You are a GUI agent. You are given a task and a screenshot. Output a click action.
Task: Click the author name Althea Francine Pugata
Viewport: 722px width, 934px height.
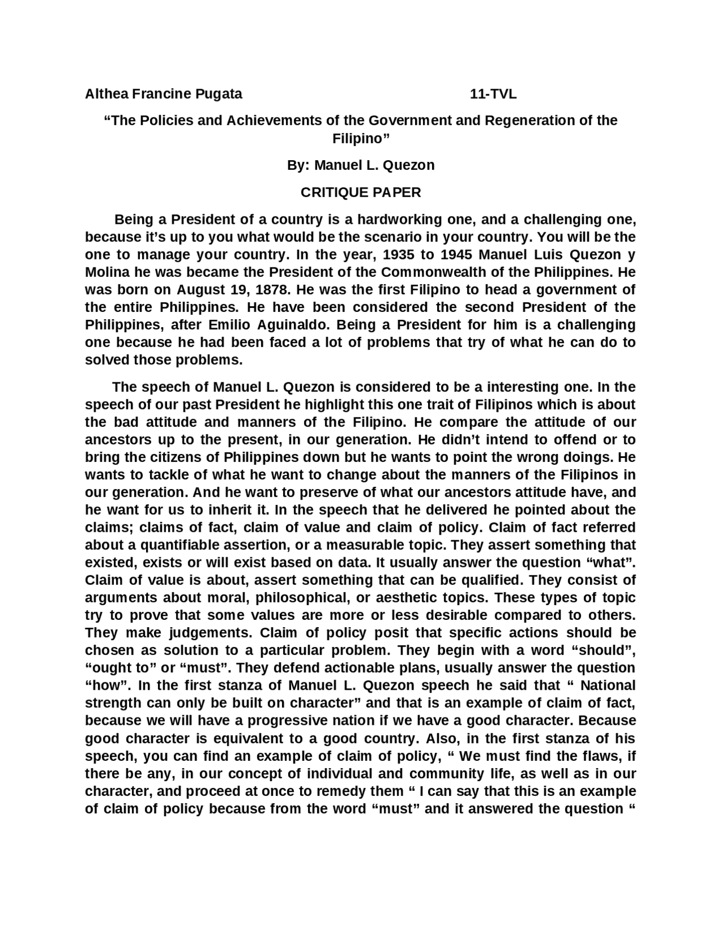pyautogui.click(x=163, y=94)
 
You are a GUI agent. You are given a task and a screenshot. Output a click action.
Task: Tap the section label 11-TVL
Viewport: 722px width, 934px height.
pyautogui.click(x=493, y=94)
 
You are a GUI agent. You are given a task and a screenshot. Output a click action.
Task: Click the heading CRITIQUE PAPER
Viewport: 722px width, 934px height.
pyautogui.click(x=360, y=192)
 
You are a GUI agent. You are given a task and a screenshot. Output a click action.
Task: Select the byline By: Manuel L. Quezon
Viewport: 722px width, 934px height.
pyautogui.click(x=360, y=165)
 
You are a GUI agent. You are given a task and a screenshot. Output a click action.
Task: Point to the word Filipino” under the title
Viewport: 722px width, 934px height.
pyautogui.click(x=360, y=138)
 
